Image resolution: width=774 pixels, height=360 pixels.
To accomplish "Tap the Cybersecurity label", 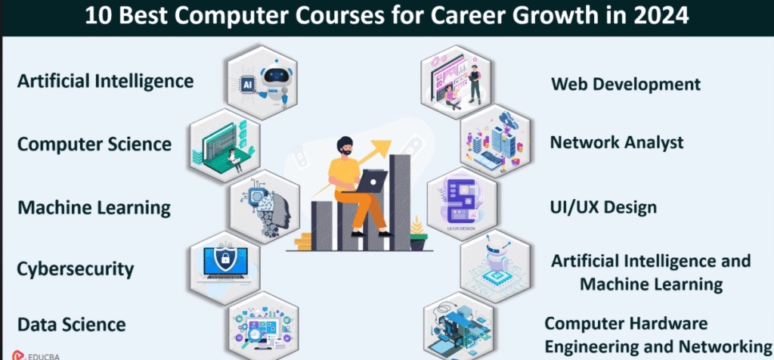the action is pos(76,270).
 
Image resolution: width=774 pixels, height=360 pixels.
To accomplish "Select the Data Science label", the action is pos(72,324).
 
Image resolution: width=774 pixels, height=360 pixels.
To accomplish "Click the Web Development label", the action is pos(625,84).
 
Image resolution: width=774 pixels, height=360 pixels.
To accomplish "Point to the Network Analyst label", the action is pos(617,142).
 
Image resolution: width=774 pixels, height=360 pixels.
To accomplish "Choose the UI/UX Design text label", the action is pos(603,207).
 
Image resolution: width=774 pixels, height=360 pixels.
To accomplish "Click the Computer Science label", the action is pos(94,144).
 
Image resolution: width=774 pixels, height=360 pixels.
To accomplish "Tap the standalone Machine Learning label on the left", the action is pos(94,207).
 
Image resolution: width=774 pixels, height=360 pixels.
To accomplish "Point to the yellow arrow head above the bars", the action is pos(381,146).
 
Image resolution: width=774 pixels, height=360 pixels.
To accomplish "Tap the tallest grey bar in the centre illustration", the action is pos(400,202).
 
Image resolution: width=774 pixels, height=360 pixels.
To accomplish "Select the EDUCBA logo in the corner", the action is pos(36,355).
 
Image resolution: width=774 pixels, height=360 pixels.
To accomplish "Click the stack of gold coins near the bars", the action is pos(303,241).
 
